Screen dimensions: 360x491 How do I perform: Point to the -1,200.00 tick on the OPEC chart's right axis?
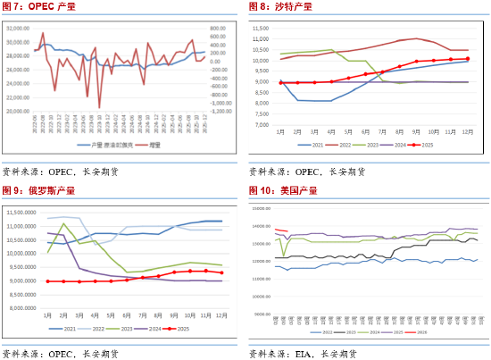tap(222, 113)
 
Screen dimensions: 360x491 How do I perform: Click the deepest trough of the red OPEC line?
tap(99, 107)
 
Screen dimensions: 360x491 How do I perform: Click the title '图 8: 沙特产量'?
tap(281, 8)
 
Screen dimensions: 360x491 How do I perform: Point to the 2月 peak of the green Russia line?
tap(62, 223)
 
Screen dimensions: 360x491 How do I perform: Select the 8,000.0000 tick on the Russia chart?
tap(22, 308)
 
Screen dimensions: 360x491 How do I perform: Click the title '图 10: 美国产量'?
tap(284, 190)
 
